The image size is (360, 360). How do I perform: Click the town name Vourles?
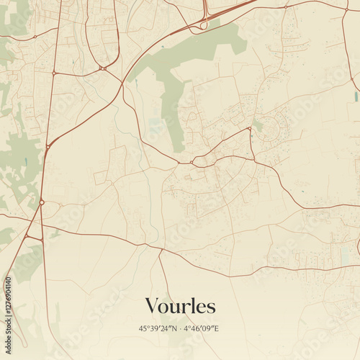tap(180, 306)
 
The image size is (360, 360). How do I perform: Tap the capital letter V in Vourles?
tap(152, 306)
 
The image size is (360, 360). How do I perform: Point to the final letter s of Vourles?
tap(212, 307)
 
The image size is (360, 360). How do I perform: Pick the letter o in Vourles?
tap(164, 307)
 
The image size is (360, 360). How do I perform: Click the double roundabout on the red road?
tap(104, 68)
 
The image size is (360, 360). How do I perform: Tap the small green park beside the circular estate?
tap(257, 125)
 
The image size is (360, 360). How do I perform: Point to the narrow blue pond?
tap(356, 94)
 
